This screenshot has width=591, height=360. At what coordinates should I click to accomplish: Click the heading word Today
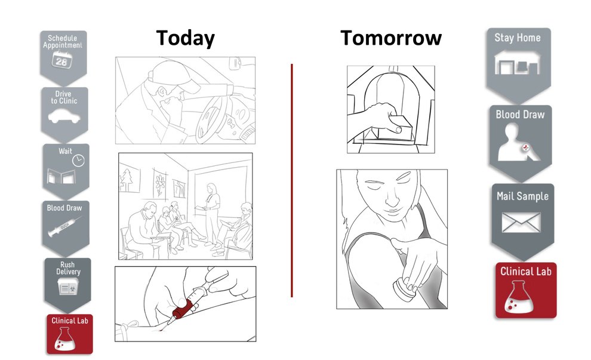point(186,38)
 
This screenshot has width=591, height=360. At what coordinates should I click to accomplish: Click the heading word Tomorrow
point(391,38)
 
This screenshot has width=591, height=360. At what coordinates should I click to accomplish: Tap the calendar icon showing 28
point(62,60)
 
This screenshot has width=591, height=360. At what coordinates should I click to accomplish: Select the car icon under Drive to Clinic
point(64,116)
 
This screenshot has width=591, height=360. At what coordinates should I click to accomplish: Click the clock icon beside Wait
point(78,160)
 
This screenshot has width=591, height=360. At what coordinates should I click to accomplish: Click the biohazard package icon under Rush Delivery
point(68,287)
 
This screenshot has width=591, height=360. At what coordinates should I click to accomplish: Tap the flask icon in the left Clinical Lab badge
point(64,339)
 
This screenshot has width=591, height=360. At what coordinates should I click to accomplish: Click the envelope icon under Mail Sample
point(521,223)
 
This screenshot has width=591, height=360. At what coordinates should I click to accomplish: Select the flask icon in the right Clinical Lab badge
point(519,297)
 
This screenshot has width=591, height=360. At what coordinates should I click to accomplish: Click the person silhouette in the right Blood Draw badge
point(518,143)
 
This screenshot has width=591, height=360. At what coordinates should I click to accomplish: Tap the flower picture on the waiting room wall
point(161,183)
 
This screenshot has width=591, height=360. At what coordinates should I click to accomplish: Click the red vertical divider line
point(292,180)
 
